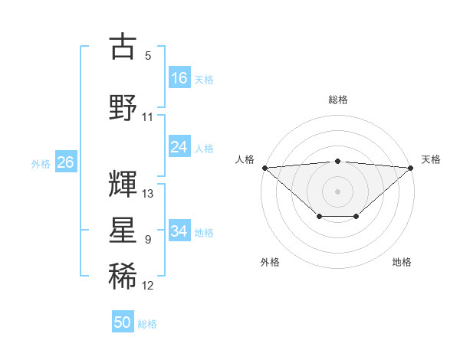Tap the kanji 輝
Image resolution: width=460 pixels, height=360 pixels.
[123, 183]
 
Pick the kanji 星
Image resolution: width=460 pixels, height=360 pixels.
[123, 231]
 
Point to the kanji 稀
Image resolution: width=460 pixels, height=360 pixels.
[123, 277]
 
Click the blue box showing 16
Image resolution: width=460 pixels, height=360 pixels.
[179, 77]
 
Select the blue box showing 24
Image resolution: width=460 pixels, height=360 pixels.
[179, 147]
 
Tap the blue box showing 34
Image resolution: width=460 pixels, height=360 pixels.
[179, 231]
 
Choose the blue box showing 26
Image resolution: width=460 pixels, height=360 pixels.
[65, 162]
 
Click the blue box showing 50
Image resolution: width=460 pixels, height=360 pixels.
[123, 322]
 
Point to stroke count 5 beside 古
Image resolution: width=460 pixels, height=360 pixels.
[148, 56]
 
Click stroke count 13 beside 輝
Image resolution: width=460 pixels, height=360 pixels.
[148, 194]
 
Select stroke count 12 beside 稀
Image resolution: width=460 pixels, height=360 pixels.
[148, 286]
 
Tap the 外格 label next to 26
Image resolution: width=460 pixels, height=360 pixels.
[41, 163]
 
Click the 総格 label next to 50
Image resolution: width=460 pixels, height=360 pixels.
[148, 324]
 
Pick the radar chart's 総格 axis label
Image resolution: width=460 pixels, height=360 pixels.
[337, 100]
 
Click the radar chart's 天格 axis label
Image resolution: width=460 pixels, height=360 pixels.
[431, 159]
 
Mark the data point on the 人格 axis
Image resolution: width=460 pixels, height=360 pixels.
[264, 167]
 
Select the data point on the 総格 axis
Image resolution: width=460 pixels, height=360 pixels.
[337, 161]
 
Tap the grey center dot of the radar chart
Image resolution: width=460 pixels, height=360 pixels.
[337, 191]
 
